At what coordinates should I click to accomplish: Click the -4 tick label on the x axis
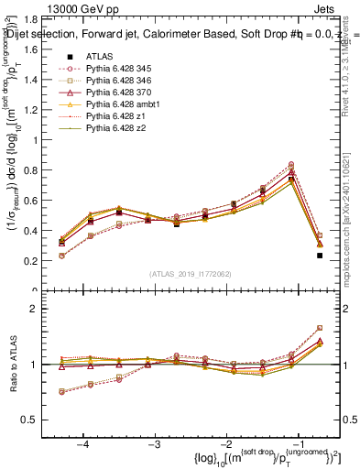[83, 442]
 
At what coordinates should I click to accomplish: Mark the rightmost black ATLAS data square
[320, 256]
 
